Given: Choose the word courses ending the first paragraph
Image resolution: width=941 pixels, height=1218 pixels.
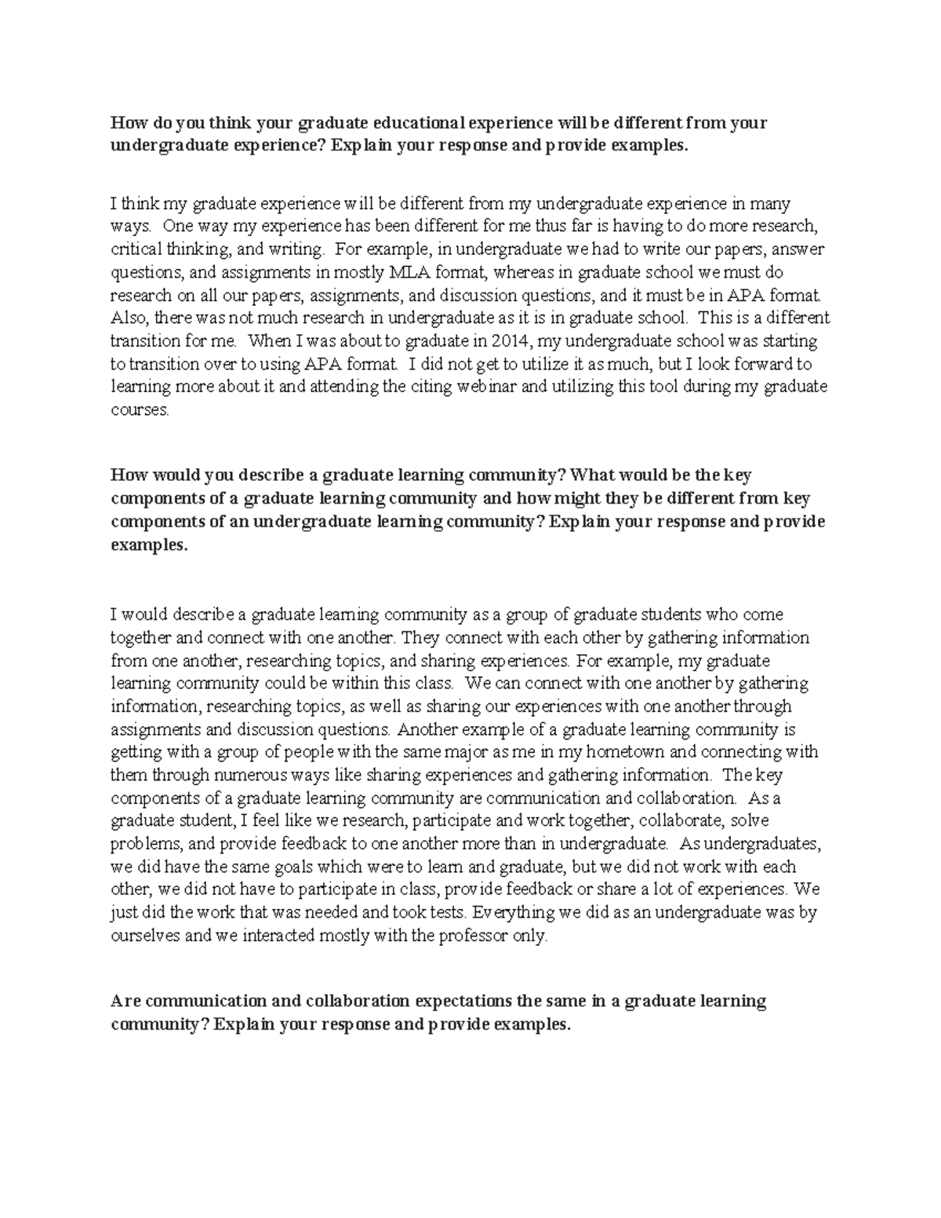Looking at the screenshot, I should pyautogui.click(x=140, y=411).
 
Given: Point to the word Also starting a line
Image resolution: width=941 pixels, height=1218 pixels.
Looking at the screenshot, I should pyautogui.click(x=128, y=318).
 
